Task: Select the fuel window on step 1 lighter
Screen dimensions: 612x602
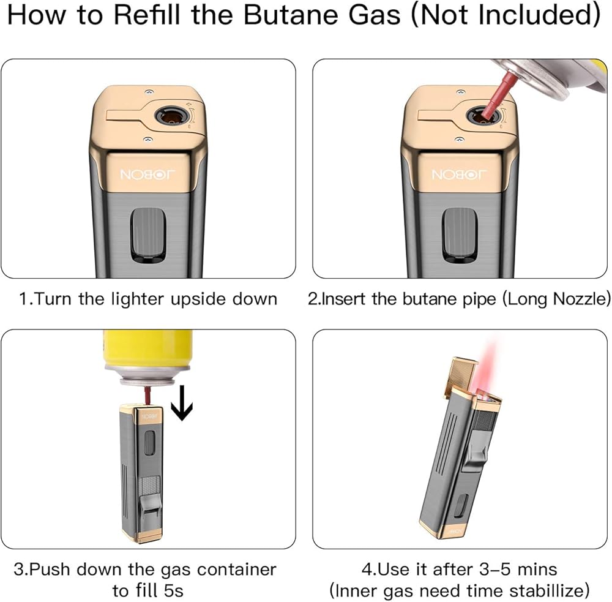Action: [148, 235]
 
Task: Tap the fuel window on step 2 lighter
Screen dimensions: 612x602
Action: [460, 235]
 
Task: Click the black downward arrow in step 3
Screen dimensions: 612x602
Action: [182, 403]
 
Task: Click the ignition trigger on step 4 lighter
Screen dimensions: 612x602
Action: [476, 447]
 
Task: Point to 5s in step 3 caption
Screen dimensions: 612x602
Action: [173, 590]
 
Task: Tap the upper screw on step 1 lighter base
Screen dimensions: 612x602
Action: [149, 92]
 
